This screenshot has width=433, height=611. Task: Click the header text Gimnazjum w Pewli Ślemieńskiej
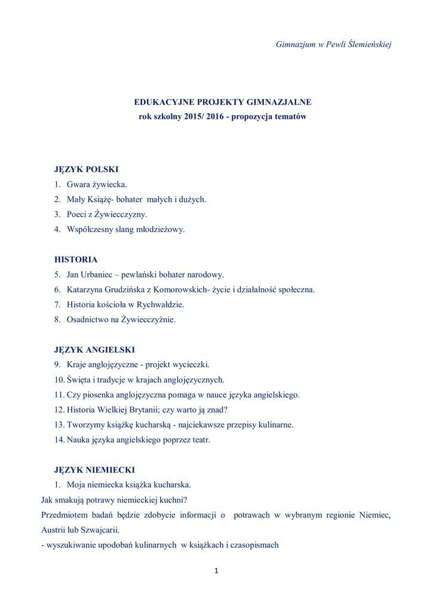[333, 45]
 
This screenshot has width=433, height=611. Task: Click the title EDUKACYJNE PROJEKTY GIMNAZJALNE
[222, 102]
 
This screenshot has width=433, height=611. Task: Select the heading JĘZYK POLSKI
[87, 169]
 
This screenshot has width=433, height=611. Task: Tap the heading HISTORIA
[76, 260]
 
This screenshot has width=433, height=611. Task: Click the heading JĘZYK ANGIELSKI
[94, 350]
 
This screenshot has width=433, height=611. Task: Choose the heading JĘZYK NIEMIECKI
[94, 470]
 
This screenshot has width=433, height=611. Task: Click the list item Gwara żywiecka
[97, 184]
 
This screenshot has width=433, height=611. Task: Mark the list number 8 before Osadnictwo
[57, 319]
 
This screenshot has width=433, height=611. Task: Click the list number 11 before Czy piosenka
[59, 395]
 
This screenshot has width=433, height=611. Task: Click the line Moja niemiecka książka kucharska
[128, 485]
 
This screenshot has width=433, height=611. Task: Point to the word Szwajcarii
[102, 530]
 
